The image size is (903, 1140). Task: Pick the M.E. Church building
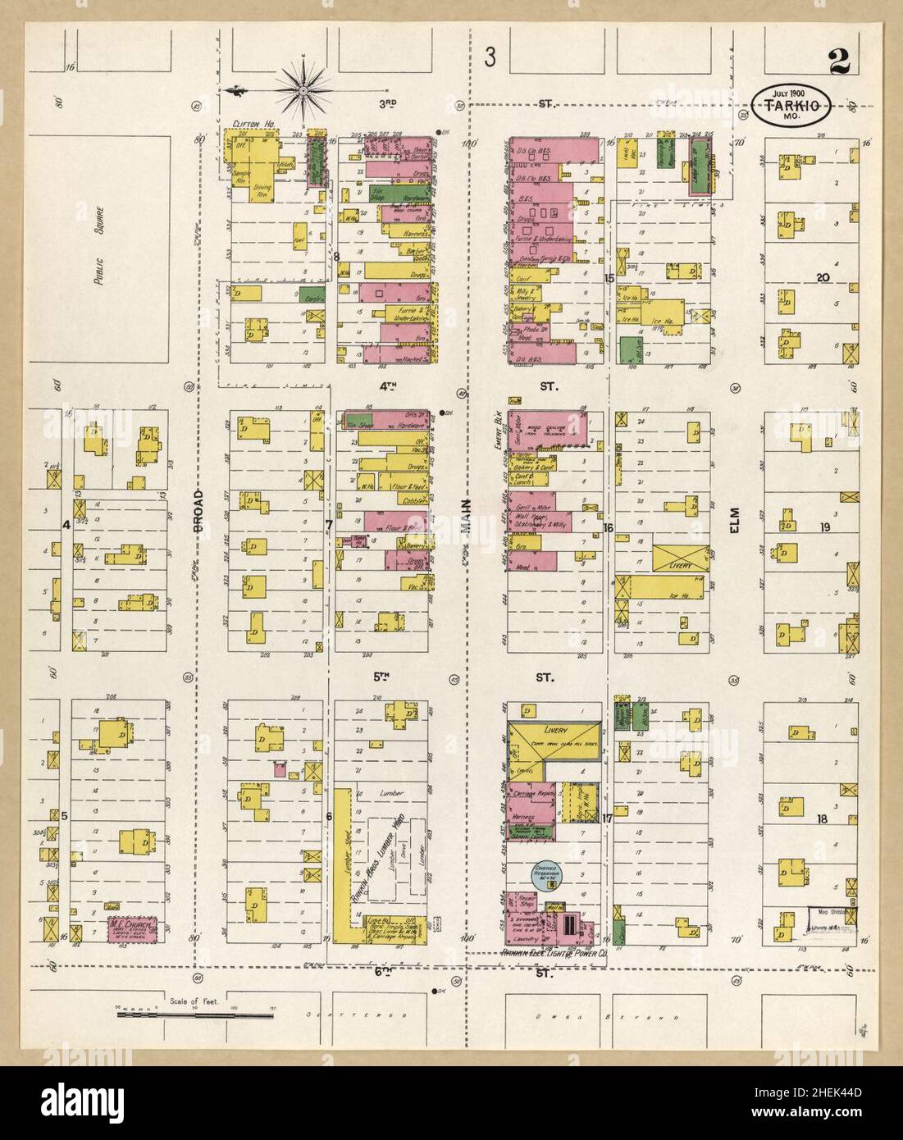pos(132,930)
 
